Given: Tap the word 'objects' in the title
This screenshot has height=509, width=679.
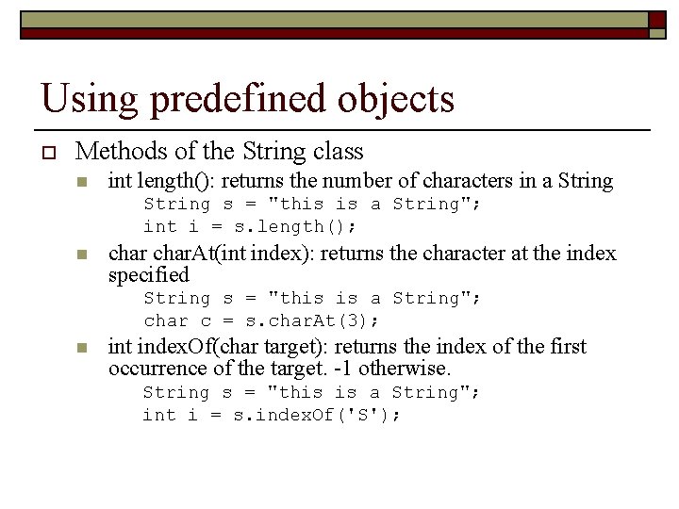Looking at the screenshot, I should (x=399, y=99).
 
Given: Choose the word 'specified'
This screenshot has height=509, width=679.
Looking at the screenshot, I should (x=149, y=275).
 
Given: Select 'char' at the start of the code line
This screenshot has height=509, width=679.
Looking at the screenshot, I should (x=165, y=321).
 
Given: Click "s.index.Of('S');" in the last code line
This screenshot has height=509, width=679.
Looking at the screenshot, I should (x=317, y=416).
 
